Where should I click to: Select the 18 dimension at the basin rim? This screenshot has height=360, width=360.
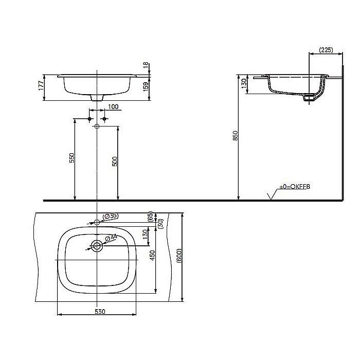click(x=146, y=65)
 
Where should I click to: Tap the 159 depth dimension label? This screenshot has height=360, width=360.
click(x=146, y=85)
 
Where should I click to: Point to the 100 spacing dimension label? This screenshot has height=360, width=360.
click(x=113, y=107)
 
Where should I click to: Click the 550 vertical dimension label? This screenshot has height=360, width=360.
click(x=71, y=158)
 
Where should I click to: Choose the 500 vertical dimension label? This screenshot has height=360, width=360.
click(x=115, y=160)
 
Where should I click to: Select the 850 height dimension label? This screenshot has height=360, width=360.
click(x=235, y=136)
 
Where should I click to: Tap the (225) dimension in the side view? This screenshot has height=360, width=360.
click(x=325, y=50)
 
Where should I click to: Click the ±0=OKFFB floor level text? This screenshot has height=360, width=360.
click(x=295, y=188)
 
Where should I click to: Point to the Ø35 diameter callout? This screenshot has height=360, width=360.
click(x=111, y=217)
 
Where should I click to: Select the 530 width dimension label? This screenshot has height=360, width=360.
click(x=100, y=312)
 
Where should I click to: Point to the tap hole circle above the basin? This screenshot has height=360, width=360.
click(x=97, y=222)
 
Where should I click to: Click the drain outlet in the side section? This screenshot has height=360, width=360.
click(x=309, y=98)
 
